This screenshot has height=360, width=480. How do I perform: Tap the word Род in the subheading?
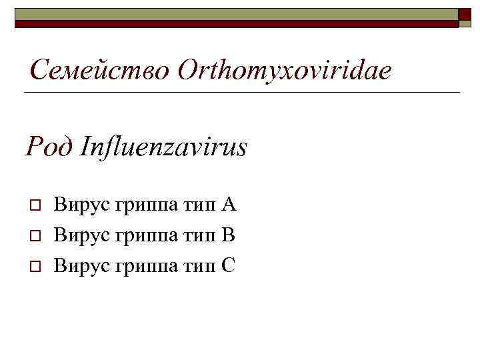(49, 147)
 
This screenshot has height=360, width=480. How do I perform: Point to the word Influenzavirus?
(163, 147)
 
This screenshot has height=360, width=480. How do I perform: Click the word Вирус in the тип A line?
(82, 204)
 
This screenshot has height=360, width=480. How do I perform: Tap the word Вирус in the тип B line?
(82, 235)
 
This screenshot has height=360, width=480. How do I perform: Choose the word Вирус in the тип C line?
(82, 265)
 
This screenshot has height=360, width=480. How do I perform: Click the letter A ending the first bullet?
(229, 204)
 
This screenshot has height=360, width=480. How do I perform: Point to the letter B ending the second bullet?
(228, 235)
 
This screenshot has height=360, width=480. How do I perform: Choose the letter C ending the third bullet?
(228, 265)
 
